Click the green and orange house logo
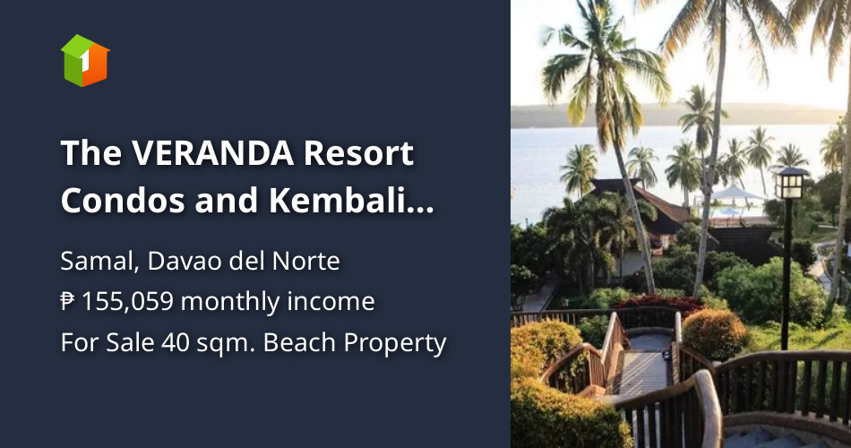click(85, 60)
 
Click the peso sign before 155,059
click(68, 302)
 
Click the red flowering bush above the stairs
click(658, 304)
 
